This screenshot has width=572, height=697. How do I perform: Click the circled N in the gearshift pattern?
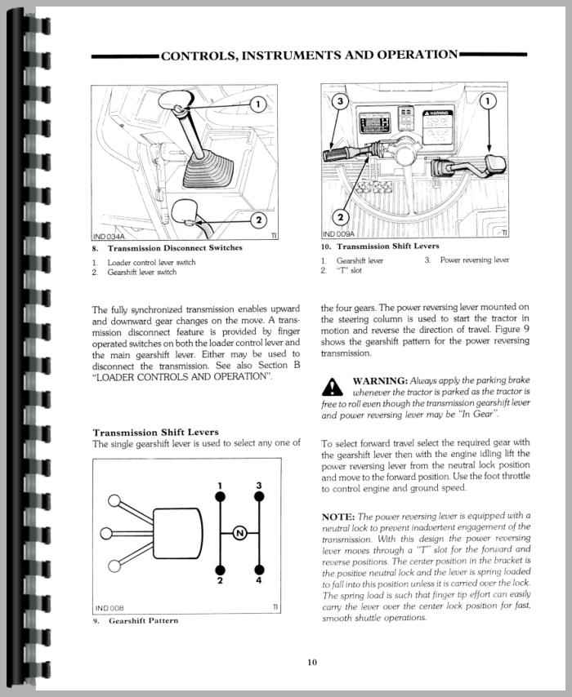click(239, 534)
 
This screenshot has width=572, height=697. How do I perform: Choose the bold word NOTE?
click(342, 515)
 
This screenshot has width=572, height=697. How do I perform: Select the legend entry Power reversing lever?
click(474, 260)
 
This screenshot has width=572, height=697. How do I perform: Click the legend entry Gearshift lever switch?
click(141, 272)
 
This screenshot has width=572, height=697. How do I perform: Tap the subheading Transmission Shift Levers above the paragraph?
click(155, 433)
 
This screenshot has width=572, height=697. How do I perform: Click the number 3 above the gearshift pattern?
click(258, 486)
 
